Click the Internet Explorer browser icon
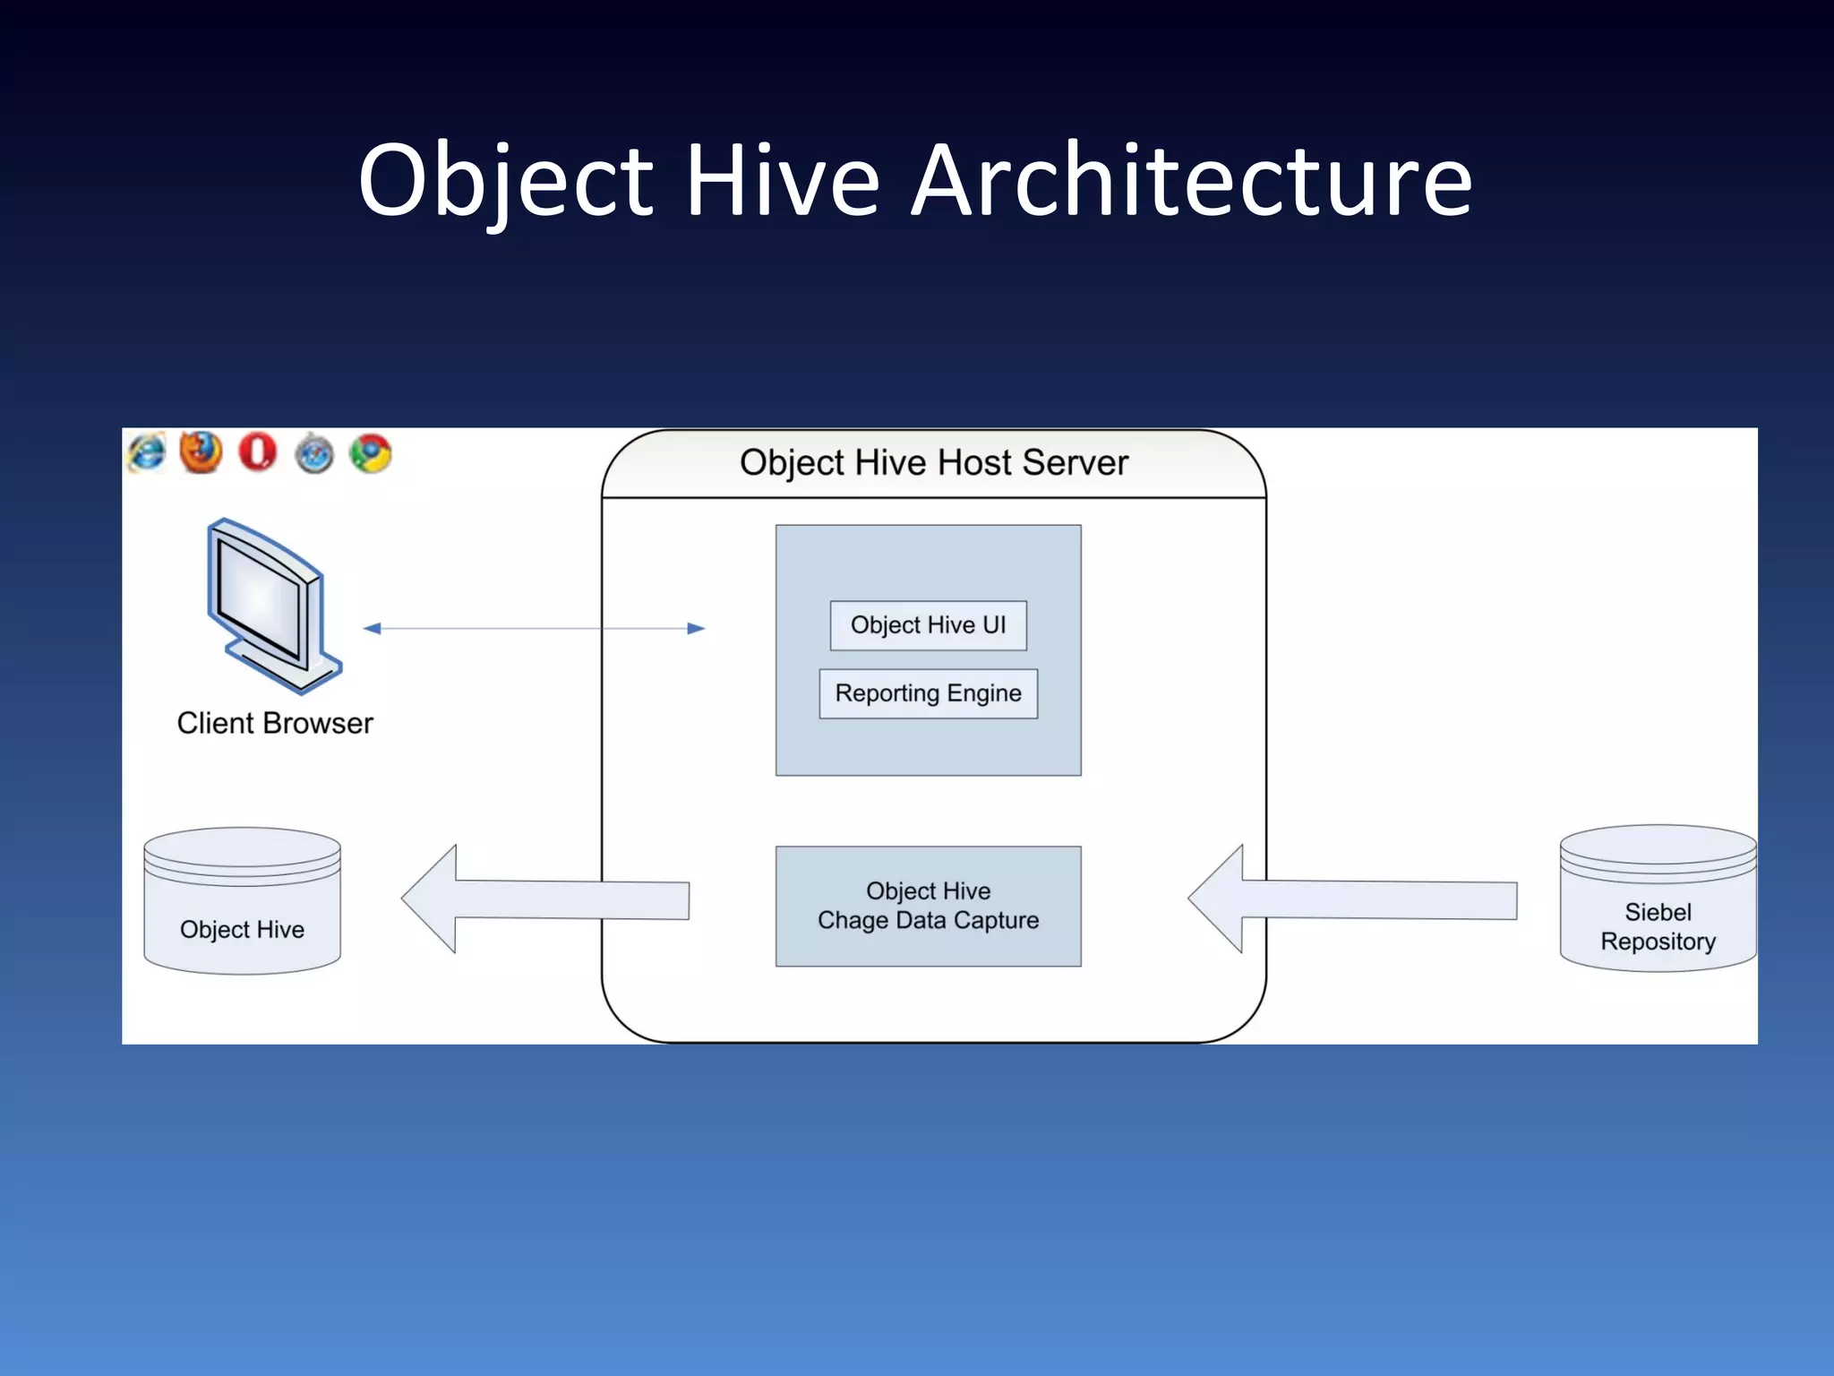(x=147, y=452)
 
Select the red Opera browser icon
(x=258, y=451)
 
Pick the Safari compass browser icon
(x=314, y=453)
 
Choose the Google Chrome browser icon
(x=371, y=453)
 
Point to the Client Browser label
(x=275, y=723)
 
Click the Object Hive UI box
(x=928, y=625)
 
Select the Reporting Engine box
(x=928, y=693)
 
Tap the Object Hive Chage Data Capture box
(x=928, y=906)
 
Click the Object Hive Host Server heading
(x=933, y=463)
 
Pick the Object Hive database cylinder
(x=242, y=901)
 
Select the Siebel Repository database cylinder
(x=1658, y=899)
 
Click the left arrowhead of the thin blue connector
(x=373, y=629)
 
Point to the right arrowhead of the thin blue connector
(x=696, y=629)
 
